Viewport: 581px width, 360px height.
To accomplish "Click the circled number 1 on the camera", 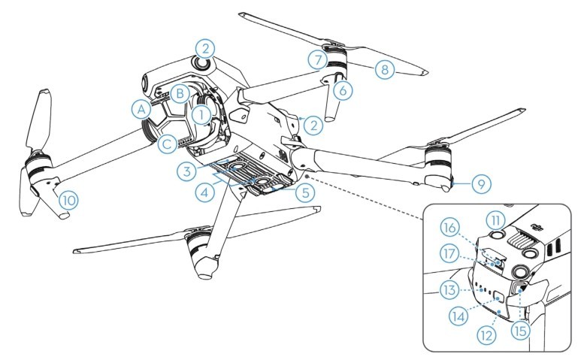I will (x=201, y=114).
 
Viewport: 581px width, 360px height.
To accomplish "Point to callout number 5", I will (x=304, y=192).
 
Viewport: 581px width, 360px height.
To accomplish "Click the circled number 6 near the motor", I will (x=342, y=90).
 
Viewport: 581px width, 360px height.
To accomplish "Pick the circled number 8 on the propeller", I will (x=384, y=70).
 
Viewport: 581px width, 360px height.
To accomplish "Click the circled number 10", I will (x=68, y=200).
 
